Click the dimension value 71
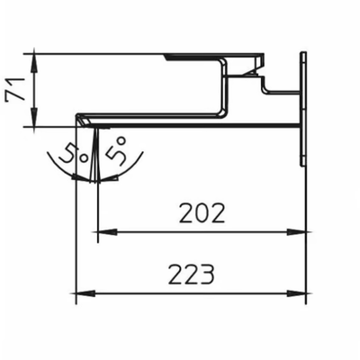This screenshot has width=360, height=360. (x=15, y=88)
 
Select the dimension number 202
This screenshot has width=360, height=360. (x=202, y=213)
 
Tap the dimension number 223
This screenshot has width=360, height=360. (x=192, y=274)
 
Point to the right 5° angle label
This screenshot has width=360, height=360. (x=115, y=149)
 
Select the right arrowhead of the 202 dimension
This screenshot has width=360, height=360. (x=296, y=232)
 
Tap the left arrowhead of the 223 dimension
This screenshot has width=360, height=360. (x=85, y=293)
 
